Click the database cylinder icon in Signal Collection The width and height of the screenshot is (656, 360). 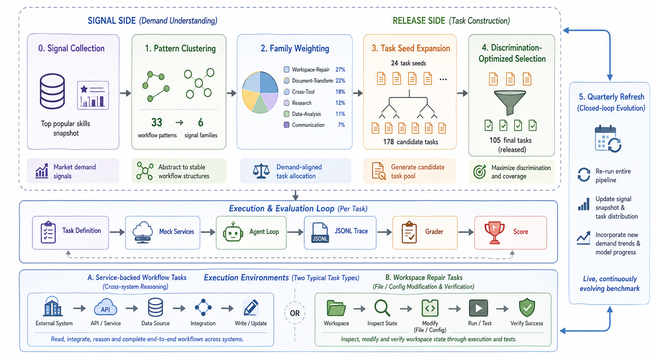tap(52, 91)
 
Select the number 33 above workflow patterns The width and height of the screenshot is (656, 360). tap(157, 122)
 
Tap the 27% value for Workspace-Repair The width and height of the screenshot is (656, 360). tap(340, 70)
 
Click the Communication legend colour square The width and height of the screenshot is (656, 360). tap(287, 125)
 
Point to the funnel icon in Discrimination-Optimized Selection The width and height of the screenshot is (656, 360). tap(510, 102)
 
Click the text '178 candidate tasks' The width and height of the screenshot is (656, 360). tap(410, 142)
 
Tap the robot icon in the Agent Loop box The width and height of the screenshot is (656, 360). tap(232, 233)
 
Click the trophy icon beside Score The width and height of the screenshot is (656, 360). tap(494, 232)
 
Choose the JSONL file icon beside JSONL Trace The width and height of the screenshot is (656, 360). tap(320, 233)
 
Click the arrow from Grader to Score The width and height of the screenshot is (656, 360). tap(466, 232)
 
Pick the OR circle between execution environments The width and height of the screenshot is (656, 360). tap(294, 313)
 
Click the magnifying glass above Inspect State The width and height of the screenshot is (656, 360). tap(382, 308)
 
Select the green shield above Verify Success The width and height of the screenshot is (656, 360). tap(527, 308)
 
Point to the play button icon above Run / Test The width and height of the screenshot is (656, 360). tap(479, 308)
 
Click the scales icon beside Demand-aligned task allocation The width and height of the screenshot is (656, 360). tap(261, 171)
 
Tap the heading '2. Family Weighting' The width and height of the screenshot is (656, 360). tap(294, 48)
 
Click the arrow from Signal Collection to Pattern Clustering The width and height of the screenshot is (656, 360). tap(125, 93)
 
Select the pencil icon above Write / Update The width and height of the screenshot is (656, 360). tap(250, 308)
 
